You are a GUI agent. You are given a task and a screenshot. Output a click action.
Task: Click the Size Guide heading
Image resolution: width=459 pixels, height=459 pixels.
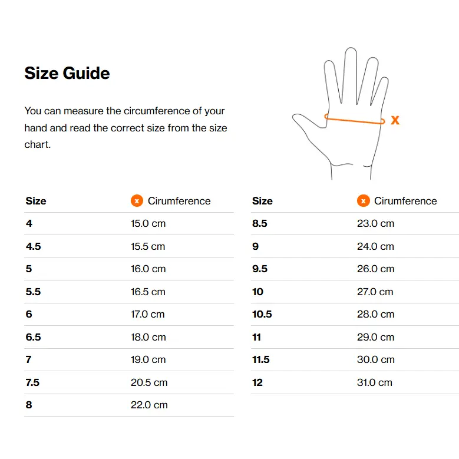click(x=67, y=73)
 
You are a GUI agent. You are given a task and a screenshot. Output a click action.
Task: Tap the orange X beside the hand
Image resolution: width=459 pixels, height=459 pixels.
click(x=395, y=120)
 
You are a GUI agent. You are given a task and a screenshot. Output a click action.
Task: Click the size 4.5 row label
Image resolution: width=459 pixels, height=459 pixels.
click(x=34, y=246)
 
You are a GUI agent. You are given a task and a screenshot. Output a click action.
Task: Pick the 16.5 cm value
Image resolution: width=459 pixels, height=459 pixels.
click(x=148, y=292)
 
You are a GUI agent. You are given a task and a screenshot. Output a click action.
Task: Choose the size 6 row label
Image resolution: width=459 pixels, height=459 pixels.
click(x=29, y=314)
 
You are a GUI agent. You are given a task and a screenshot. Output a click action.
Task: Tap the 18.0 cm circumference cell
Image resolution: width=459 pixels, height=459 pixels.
click(x=148, y=337)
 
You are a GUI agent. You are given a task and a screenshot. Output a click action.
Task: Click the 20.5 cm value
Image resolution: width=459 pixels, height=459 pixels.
click(x=149, y=382)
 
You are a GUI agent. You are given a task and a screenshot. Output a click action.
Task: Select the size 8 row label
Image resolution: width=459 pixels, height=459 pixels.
click(x=29, y=405)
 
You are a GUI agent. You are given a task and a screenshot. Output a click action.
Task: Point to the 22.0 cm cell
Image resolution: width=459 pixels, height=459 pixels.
click(x=149, y=405)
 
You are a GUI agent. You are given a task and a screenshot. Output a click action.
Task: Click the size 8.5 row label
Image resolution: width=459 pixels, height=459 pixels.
click(x=260, y=224)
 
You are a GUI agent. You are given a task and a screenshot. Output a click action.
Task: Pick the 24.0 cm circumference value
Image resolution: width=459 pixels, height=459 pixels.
click(x=375, y=246)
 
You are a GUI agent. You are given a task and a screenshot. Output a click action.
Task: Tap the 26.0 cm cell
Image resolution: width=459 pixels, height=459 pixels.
click(x=375, y=269)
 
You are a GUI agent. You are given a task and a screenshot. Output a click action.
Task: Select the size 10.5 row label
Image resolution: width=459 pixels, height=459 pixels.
click(x=262, y=314)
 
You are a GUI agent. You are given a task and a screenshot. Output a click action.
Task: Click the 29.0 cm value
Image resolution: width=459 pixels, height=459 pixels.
click(x=375, y=337)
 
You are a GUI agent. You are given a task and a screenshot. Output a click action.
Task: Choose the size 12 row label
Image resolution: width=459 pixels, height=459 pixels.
click(x=257, y=382)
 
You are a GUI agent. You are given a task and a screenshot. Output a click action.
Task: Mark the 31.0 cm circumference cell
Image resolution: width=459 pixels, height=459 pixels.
click(x=374, y=382)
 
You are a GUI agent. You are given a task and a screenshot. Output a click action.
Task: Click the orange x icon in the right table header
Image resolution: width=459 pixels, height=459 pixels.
click(x=364, y=201)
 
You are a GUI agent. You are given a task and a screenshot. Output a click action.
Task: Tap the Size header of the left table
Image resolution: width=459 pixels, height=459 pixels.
click(x=36, y=201)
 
